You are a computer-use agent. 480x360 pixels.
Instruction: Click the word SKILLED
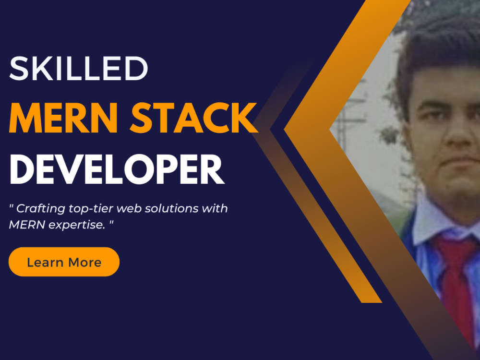click(79, 68)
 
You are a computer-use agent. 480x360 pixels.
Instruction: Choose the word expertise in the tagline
click(71, 225)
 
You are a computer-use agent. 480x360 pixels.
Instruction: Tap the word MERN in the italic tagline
click(24, 225)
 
